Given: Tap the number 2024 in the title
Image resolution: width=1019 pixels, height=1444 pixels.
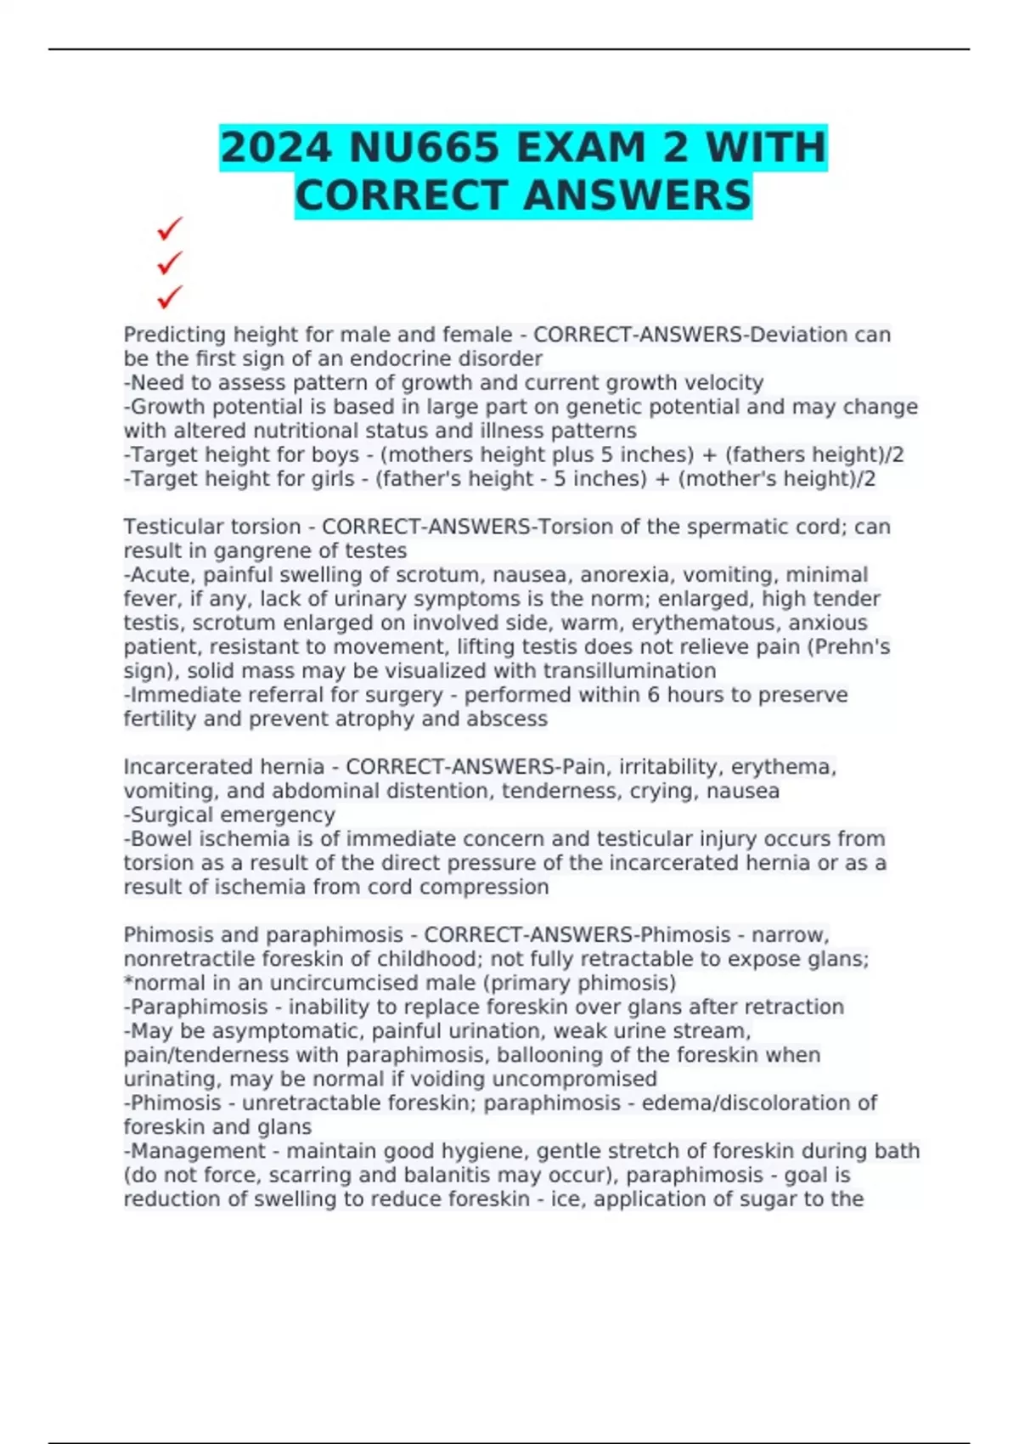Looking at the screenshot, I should coord(275,148).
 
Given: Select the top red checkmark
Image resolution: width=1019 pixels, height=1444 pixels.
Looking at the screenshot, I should coord(170,228).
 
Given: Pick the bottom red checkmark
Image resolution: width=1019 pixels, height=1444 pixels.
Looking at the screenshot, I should coord(170,297).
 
